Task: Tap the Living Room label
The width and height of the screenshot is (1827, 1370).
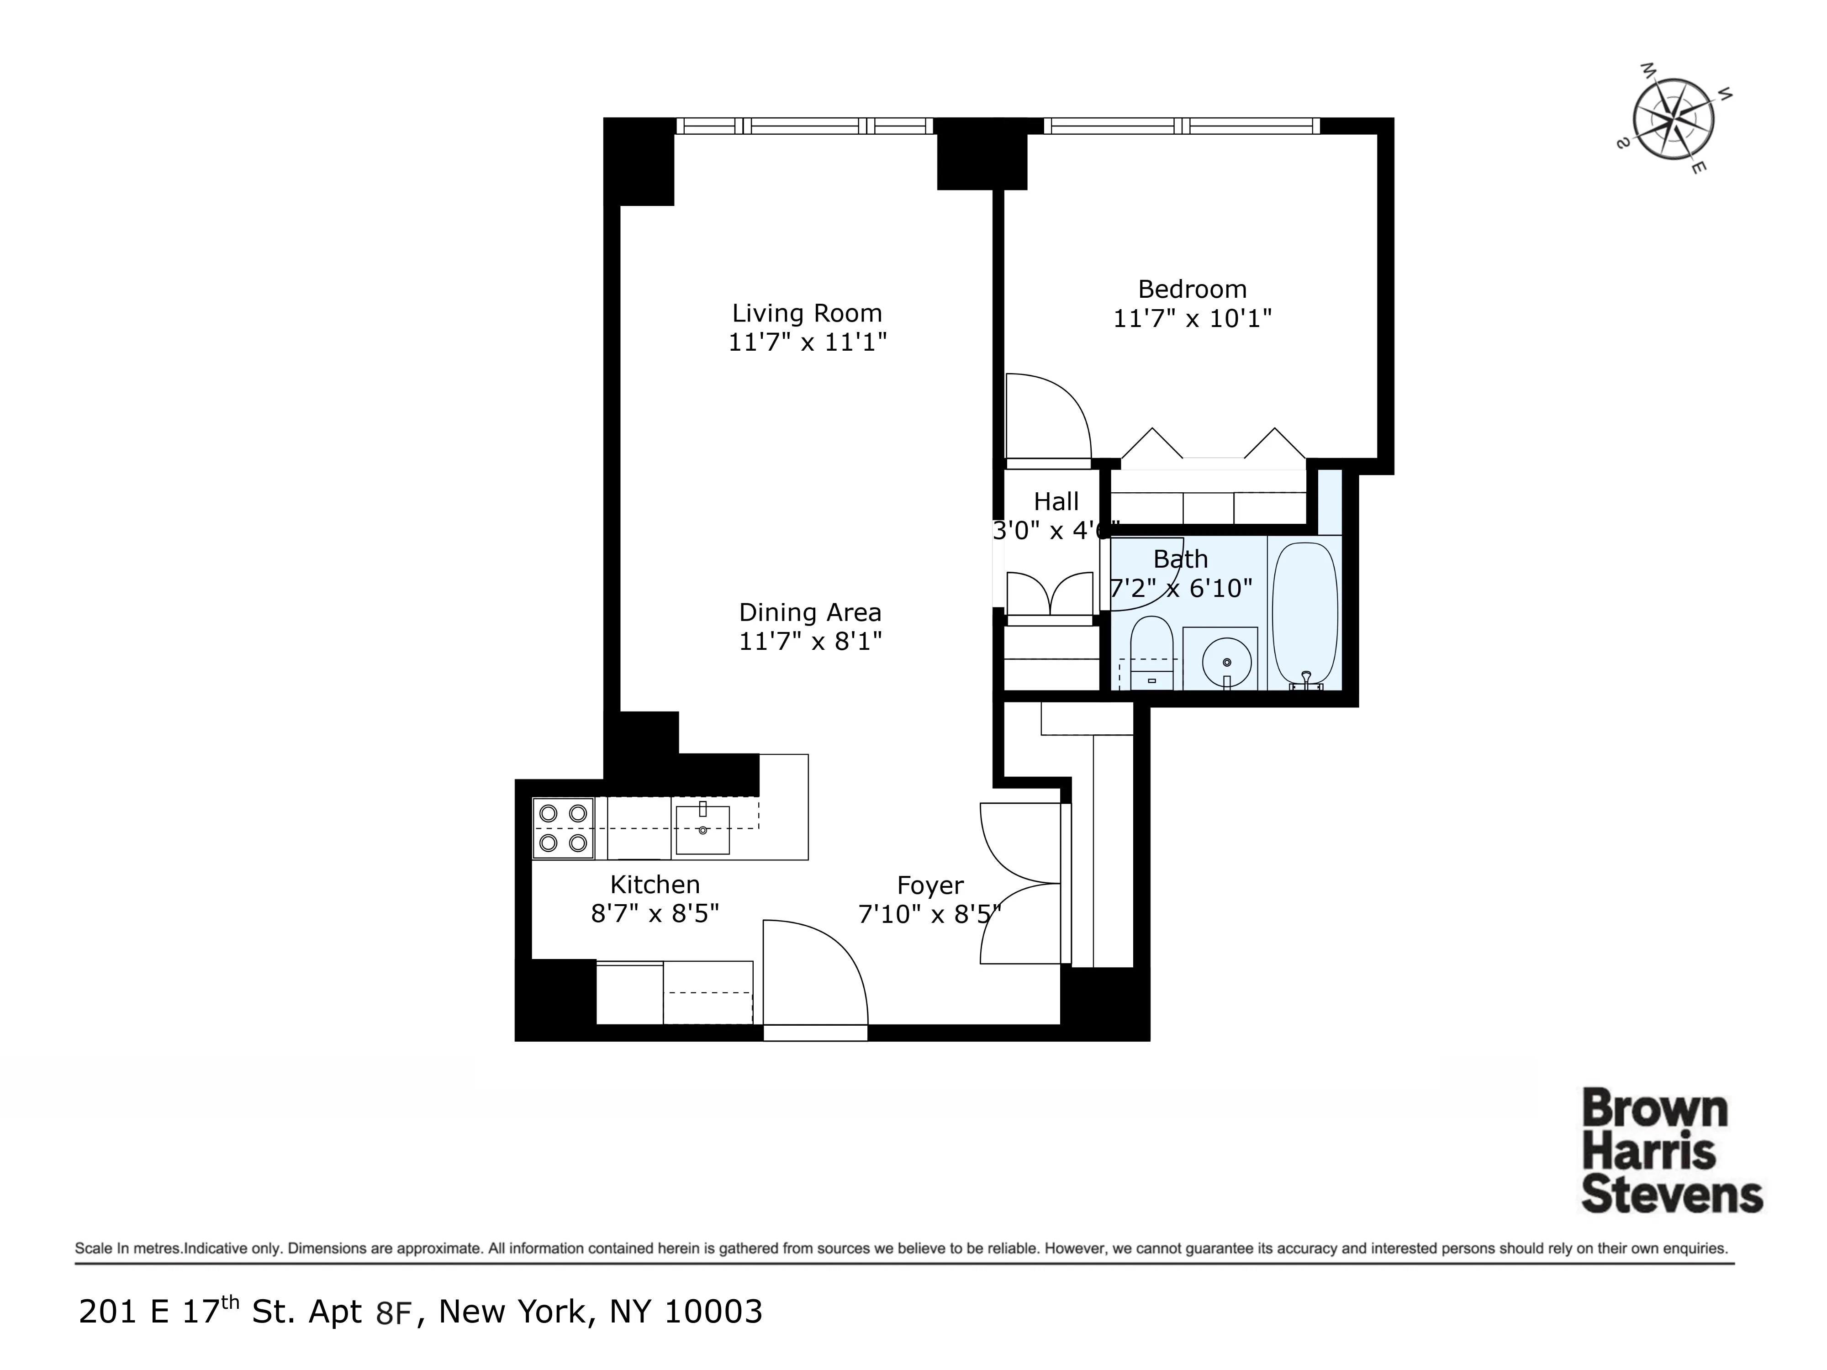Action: coord(807,314)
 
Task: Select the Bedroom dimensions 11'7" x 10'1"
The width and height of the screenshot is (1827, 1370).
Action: coord(1192,319)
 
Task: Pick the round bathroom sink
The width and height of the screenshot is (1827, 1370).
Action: coord(1226,662)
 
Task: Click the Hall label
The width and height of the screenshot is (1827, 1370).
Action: coord(1056,502)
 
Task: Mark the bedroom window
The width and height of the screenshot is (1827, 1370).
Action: coord(1181,126)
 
